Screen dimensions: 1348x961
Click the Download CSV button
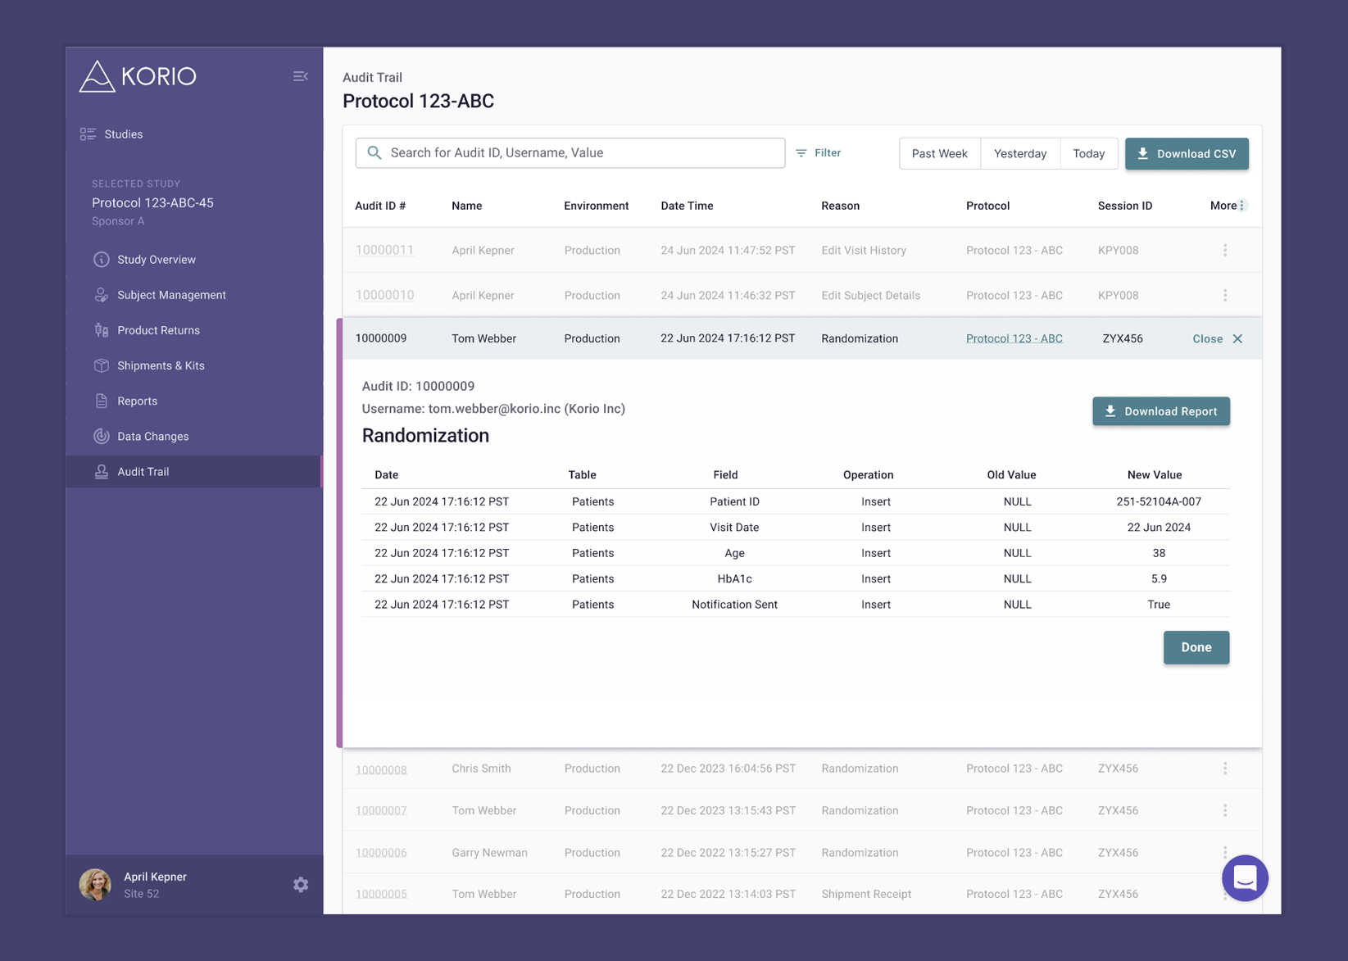pos(1186,153)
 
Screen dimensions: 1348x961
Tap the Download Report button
pos(1161,411)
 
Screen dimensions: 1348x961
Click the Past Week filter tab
pos(939,153)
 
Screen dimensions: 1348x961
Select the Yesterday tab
pos(1020,153)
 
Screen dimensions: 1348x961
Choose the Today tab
pos(1088,153)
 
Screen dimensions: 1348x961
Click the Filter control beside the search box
pos(819,153)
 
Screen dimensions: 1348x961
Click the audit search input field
pos(570,153)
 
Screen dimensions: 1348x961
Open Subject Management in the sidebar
pos(171,295)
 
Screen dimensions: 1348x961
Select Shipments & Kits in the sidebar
pos(161,366)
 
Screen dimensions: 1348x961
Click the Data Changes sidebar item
pos(153,437)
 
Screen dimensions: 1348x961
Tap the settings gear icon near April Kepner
pos(301,885)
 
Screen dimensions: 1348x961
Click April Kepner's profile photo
pos(95,885)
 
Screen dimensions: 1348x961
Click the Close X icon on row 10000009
pos(1237,339)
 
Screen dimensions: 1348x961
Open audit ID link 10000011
pos(384,250)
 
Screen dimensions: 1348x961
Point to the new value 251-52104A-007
pos(1159,501)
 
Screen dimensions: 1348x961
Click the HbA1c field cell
pos(734,578)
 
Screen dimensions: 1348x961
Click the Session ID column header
pos(1125,206)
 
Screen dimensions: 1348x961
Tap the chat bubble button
pos(1245,878)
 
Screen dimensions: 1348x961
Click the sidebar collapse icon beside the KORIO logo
pos(300,76)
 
